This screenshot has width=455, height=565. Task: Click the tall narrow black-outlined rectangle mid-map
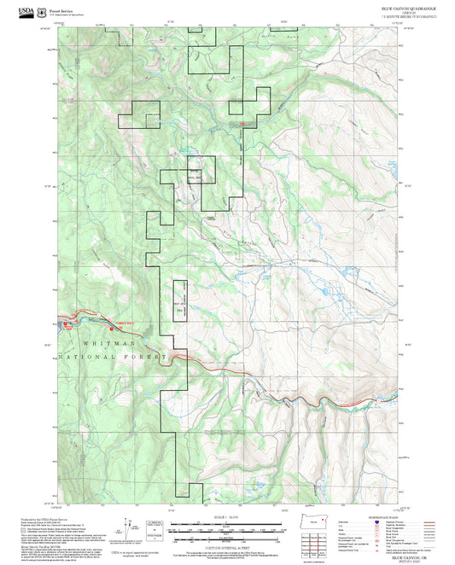[x=180, y=302]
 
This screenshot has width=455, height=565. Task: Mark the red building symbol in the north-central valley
[x=242, y=125]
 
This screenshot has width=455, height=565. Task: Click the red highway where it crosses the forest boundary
[x=176, y=355]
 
